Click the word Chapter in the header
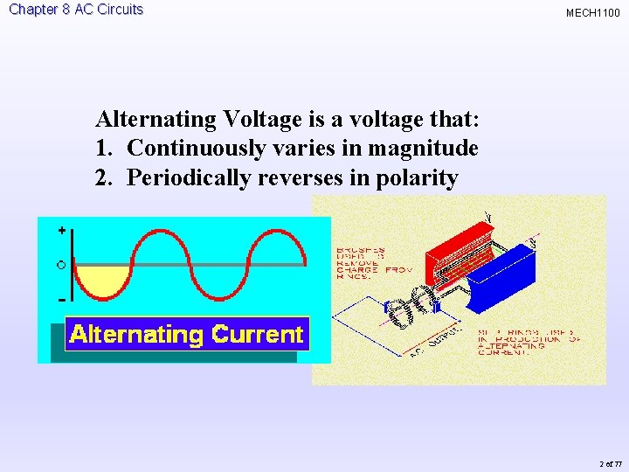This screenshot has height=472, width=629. [34, 10]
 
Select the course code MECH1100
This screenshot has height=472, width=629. [592, 13]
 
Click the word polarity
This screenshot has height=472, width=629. [415, 177]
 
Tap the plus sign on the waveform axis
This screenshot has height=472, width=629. [61, 231]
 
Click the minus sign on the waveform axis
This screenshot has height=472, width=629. [61, 300]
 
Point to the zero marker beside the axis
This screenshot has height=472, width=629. [60, 264]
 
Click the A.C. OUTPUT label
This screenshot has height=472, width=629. [432, 344]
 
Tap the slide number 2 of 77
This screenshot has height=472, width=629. [612, 463]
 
